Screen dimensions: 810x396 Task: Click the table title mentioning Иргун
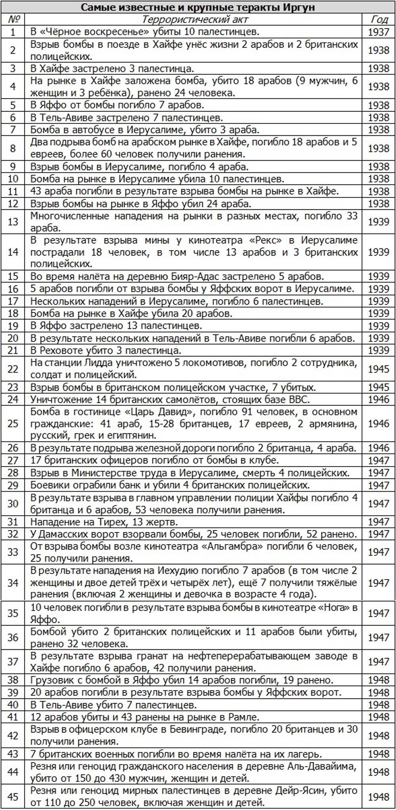[x=198, y=8]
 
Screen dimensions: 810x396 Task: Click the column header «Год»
[x=379, y=19]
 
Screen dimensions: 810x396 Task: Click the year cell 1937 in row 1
[x=379, y=32]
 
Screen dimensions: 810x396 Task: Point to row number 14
[x=13, y=252]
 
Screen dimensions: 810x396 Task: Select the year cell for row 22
[x=379, y=369]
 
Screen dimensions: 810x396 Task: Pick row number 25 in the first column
[x=13, y=423]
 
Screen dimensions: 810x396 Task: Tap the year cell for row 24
[x=379, y=399]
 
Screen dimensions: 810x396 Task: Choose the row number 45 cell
[x=13, y=796]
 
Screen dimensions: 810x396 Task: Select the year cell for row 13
[x=379, y=222]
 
